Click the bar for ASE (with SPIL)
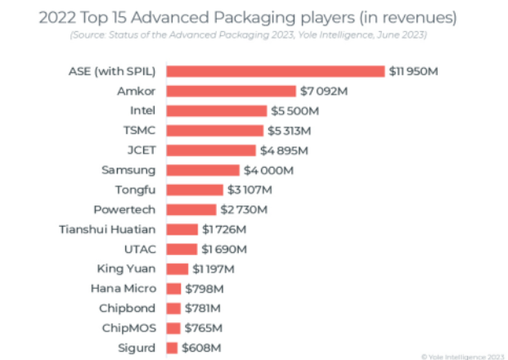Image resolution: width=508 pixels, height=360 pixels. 276,71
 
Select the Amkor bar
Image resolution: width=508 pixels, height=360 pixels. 232,91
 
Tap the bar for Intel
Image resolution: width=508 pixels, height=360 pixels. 217,110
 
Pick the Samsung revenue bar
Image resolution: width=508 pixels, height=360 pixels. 204,170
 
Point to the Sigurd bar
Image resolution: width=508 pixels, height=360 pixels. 173,348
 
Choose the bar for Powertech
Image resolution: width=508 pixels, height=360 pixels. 191,209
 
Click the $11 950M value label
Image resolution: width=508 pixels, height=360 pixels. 414,71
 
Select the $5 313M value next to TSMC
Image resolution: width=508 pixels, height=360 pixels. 290,131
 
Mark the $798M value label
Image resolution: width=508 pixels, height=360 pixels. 204,289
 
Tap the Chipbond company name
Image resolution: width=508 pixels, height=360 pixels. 132,308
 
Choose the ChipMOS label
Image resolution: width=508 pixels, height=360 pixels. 132,328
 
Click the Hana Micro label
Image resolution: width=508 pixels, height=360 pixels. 127,289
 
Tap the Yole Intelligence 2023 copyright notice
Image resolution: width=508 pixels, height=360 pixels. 462,355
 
